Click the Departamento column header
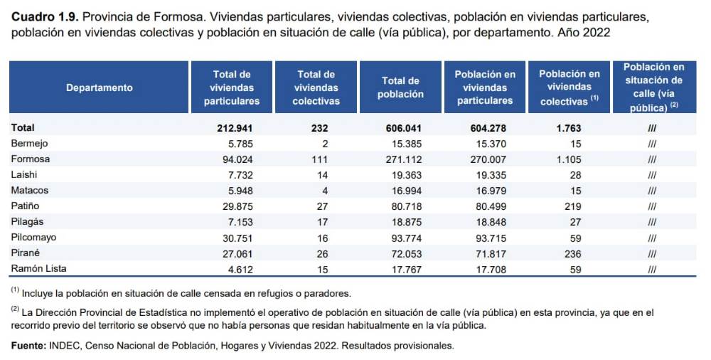click(99, 88)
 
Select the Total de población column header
click(402, 88)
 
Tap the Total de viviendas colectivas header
click(316, 88)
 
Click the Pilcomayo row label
click(34, 237)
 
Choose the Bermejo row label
click(29, 143)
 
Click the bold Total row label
click(23, 128)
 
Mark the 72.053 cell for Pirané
click(404, 253)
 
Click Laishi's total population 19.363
click(404, 174)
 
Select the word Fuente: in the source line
click(28, 345)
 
